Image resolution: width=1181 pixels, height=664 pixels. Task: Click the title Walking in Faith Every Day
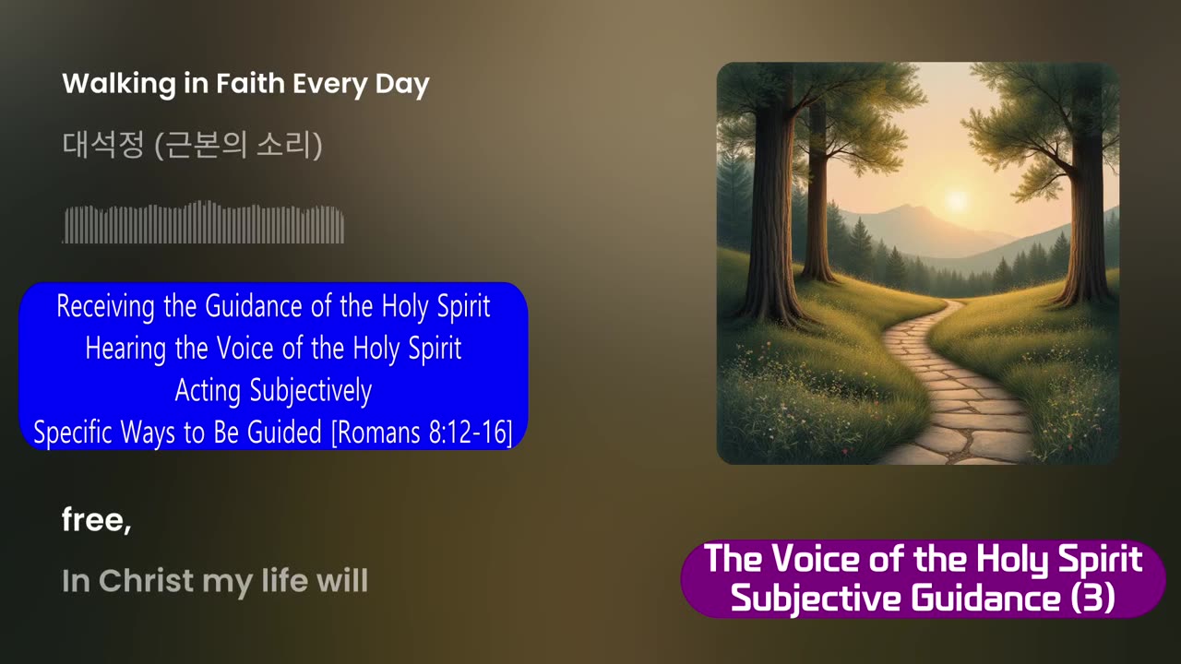click(245, 85)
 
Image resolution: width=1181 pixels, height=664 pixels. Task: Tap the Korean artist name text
click(192, 146)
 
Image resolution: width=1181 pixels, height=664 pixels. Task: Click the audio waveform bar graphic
click(203, 223)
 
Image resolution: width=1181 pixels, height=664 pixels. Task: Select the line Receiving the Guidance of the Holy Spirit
click(273, 306)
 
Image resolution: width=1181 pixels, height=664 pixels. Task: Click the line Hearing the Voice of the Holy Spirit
click(273, 349)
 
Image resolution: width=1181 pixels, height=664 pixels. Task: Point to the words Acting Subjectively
click(273, 391)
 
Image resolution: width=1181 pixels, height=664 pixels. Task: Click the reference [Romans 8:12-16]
click(422, 433)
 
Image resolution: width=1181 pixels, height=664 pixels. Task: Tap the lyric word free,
click(96, 521)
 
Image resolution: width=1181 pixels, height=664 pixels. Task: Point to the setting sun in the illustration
click(955, 199)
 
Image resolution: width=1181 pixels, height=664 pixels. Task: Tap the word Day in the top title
click(402, 85)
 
